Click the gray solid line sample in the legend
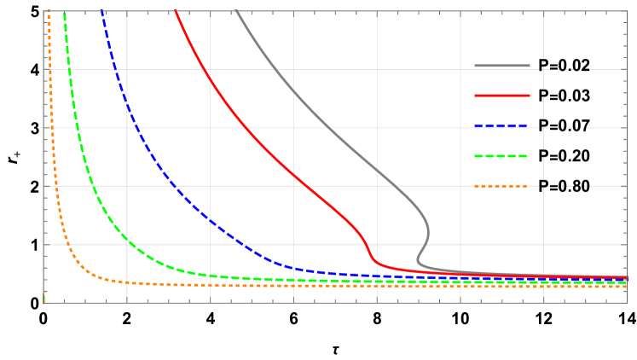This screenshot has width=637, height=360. pos(502,66)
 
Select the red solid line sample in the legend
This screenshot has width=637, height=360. pos(502,96)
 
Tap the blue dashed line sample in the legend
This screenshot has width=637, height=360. pos(502,126)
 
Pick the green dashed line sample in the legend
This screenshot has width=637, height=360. pos(502,156)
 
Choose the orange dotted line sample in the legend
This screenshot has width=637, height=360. pos(502,186)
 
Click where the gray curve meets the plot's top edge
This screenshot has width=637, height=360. pos(236,11)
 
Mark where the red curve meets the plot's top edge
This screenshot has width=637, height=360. pos(175,11)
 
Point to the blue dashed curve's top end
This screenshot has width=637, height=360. pos(101,11)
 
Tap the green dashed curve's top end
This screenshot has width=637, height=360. pos(64,11)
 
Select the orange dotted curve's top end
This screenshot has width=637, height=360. pos(49,11)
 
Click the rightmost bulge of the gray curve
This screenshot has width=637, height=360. pos(428,231)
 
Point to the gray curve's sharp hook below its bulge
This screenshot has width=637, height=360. pos(418,259)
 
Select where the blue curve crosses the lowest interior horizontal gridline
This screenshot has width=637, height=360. pos(244,245)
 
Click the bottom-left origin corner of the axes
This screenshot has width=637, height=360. pos(43,302)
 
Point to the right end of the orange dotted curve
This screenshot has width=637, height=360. pos(627,287)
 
